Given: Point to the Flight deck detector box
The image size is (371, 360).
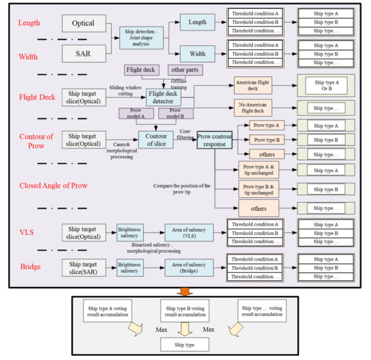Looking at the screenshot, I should click(165, 97).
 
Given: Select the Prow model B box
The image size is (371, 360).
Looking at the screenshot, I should click(176, 112).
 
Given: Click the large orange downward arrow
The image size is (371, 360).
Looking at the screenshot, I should click(185, 291).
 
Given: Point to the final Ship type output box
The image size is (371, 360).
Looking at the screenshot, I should click(184, 344).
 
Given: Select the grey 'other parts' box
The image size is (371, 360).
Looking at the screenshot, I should click(184, 70).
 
